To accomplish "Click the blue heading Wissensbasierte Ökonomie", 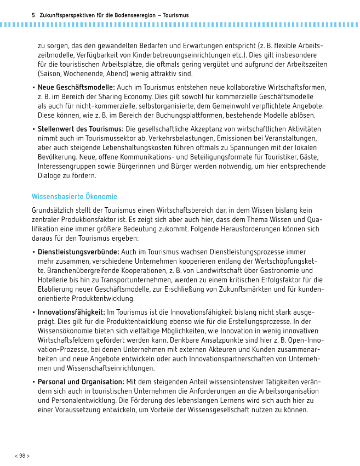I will click(x=75, y=196).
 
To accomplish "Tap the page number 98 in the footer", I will click(x=22, y=456).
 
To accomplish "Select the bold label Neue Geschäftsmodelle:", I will click(x=76, y=88).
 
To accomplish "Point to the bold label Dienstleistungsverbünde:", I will click(x=78, y=252).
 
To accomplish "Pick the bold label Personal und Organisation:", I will click(x=81, y=382).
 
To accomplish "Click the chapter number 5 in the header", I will click(x=33, y=15).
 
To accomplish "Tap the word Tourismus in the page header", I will click(x=176, y=15).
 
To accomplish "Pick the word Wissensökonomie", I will click(x=66, y=331).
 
